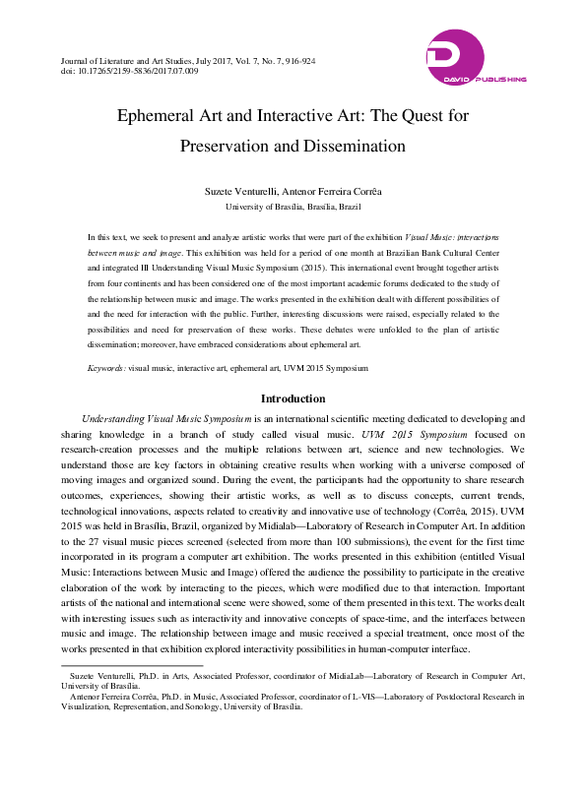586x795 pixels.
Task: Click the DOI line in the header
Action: pyautogui.click(x=130, y=71)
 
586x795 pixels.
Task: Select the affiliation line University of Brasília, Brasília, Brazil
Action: pyautogui.click(x=293, y=208)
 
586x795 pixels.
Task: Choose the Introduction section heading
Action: pyautogui.click(x=293, y=398)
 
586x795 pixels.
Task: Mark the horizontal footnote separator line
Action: pyautogui.click(x=118, y=665)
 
